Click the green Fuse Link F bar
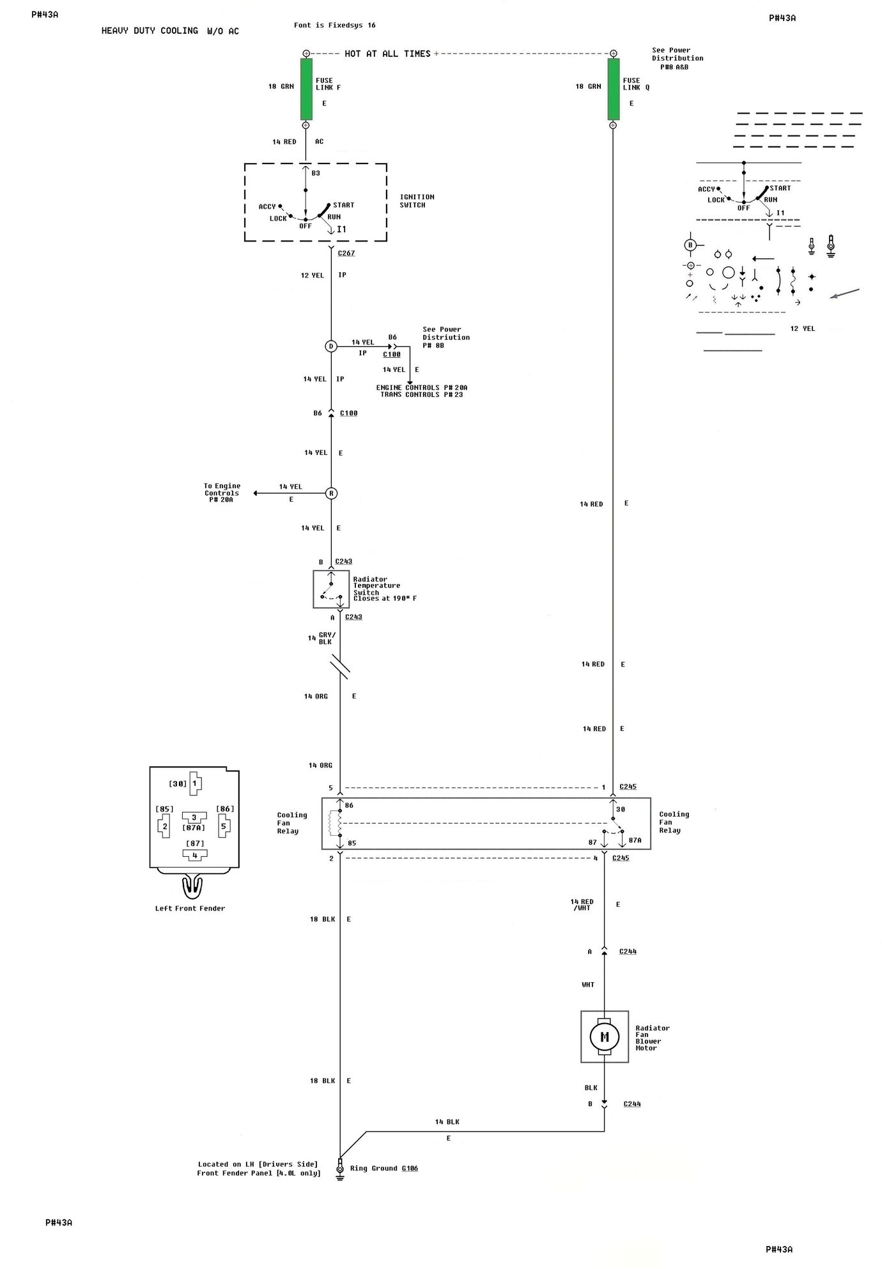306,89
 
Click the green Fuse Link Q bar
613,89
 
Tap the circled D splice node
331,346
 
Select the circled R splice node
331,493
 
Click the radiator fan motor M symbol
604,1037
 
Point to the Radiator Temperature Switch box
331,589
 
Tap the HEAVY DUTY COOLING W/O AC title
170,31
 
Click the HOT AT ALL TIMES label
387,54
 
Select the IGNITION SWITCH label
417,201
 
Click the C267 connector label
346,253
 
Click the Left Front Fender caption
190,908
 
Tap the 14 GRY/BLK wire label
323,638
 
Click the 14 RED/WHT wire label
582,904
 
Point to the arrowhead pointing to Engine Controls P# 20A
256,493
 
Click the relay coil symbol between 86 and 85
333,824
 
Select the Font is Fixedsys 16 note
334,26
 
